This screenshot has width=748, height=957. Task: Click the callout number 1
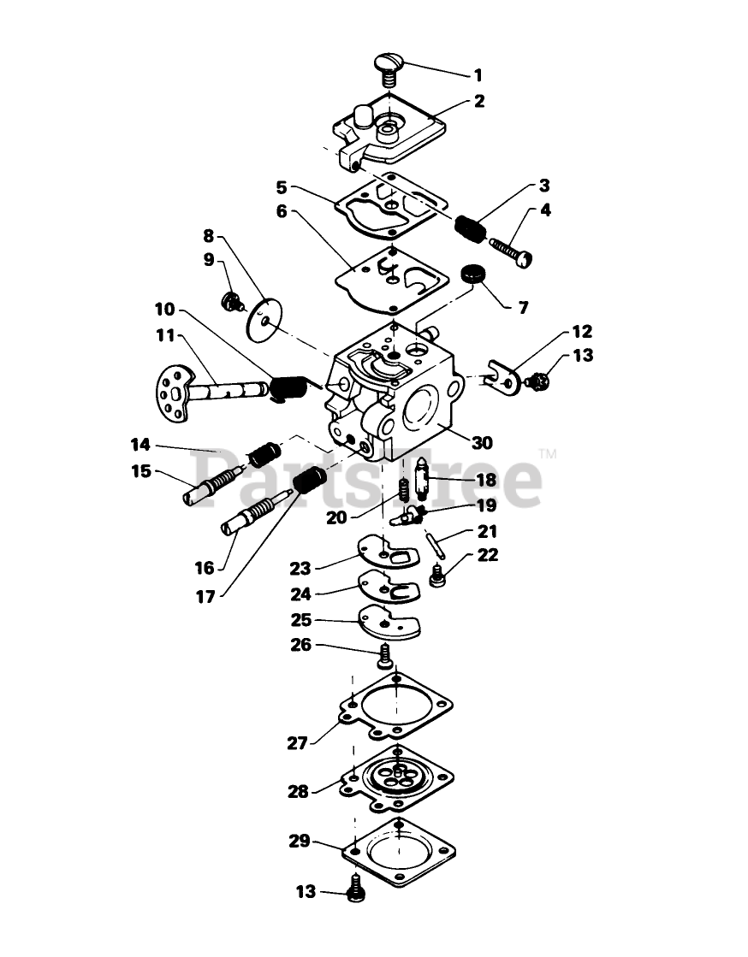click(x=478, y=74)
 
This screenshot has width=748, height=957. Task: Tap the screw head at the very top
click(x=389, y=62)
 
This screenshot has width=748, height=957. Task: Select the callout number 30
click(x=481, y=442)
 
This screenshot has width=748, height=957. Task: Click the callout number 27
click(x=297, y=742)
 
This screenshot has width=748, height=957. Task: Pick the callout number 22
click(x=487, y=555)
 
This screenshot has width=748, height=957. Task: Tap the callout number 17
click(x=204, y=597)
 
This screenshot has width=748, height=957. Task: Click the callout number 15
click(x=140, y=470)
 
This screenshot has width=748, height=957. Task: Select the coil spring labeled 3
click(x=471, y=227)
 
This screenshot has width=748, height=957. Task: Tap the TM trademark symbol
click(x=548, y=455)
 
